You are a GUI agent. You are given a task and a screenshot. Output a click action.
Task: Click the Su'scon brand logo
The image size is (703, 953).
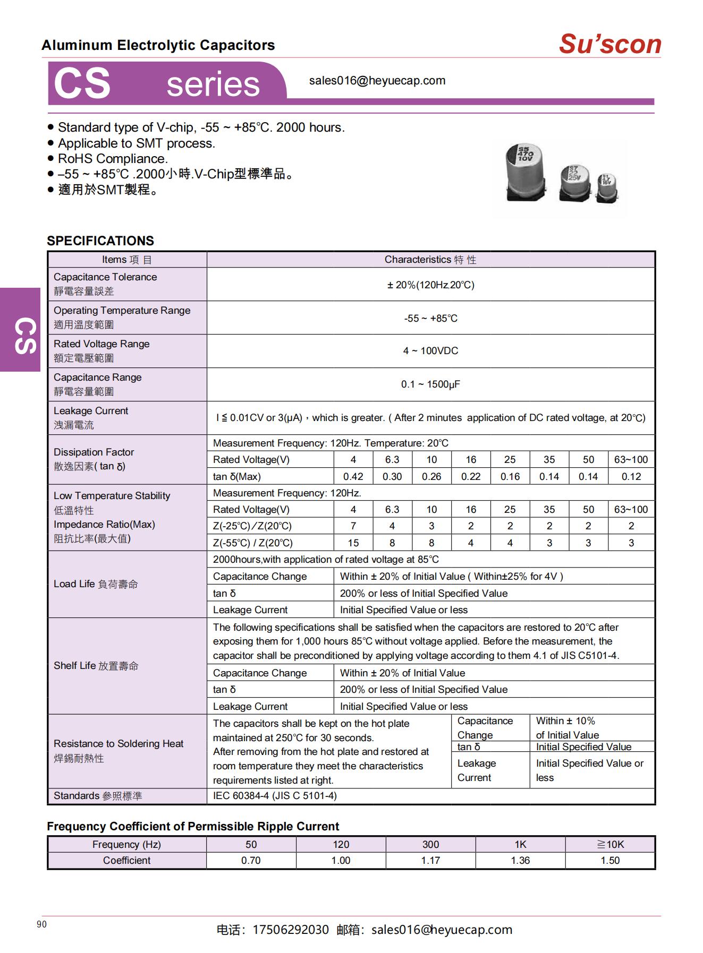609,44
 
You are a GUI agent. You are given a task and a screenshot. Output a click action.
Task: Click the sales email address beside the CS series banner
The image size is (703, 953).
377,81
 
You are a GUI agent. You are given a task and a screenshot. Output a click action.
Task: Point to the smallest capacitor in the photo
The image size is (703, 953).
607,188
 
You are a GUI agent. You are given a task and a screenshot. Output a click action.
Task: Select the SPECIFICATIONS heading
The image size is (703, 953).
100,241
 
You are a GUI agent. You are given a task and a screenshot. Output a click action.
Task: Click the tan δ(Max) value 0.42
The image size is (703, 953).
353,476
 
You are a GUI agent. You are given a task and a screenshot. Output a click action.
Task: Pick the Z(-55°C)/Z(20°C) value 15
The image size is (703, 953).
353,543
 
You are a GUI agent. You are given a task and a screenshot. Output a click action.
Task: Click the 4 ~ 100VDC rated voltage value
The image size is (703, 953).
430,351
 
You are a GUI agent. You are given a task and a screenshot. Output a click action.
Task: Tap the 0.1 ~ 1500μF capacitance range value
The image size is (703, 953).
430,384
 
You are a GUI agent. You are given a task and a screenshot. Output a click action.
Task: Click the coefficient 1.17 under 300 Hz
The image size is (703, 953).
430,860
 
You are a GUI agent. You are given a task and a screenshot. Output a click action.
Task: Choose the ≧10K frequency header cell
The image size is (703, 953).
610,844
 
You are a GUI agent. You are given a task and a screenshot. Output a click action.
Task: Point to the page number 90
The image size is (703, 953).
42,924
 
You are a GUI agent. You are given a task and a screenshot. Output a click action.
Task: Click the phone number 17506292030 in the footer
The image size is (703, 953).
290,930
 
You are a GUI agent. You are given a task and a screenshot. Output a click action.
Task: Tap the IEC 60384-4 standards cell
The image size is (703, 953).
275,796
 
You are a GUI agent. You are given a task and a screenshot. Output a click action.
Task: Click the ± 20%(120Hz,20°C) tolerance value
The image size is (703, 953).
430,285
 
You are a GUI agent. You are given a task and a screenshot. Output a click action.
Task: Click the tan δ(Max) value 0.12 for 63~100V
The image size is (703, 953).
631,476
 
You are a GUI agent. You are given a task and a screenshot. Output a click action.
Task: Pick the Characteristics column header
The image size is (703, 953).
430,260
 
